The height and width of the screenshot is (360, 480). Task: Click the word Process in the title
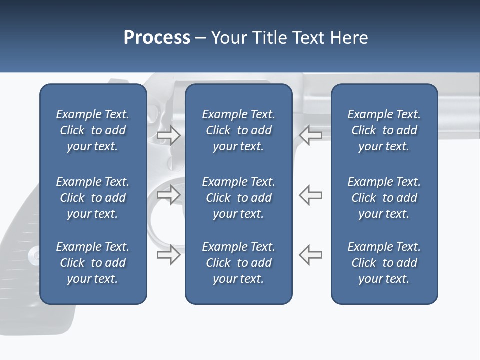pyautogui.click(x=157, y=38)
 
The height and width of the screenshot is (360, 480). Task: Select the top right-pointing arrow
pyautogui.click(x=168, y=135)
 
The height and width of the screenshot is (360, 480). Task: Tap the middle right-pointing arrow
pyautogui.click(x=168, y=195)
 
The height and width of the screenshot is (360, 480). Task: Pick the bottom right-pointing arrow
pyautogui.click(x=168, y=255)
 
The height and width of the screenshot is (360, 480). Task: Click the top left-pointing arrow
pyautogui.click(x=310, y=135)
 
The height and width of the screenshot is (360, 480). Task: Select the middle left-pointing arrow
pyautogui.click(x=310, y=195)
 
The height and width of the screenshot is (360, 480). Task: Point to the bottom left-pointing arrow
pyautogui.click(x=310, y=255)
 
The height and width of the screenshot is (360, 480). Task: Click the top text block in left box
pyautogui.click(x=93, y=130)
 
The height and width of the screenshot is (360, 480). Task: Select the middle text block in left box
pyautogui.click(x=93, y=198)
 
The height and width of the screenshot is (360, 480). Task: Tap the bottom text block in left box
pyautogui.click(x=93, y=263)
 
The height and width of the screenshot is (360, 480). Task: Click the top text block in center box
pyautogui.click(x=238, y=130)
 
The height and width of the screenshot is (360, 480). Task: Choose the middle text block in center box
pyautogui.click(x=238, y=198)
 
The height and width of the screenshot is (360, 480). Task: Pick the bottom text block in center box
pyautogui.click(x=238, y=263)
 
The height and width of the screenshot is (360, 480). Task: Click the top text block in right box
pyautogui.click(x=384, y=130)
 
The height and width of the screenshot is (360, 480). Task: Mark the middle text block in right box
pyautogui.click(x=384, y=198)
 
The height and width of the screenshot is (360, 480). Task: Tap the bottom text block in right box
pyautogui.click(x=384, y=263)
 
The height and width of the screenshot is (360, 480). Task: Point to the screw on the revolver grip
pyautogui.click(x=35, y=255)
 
